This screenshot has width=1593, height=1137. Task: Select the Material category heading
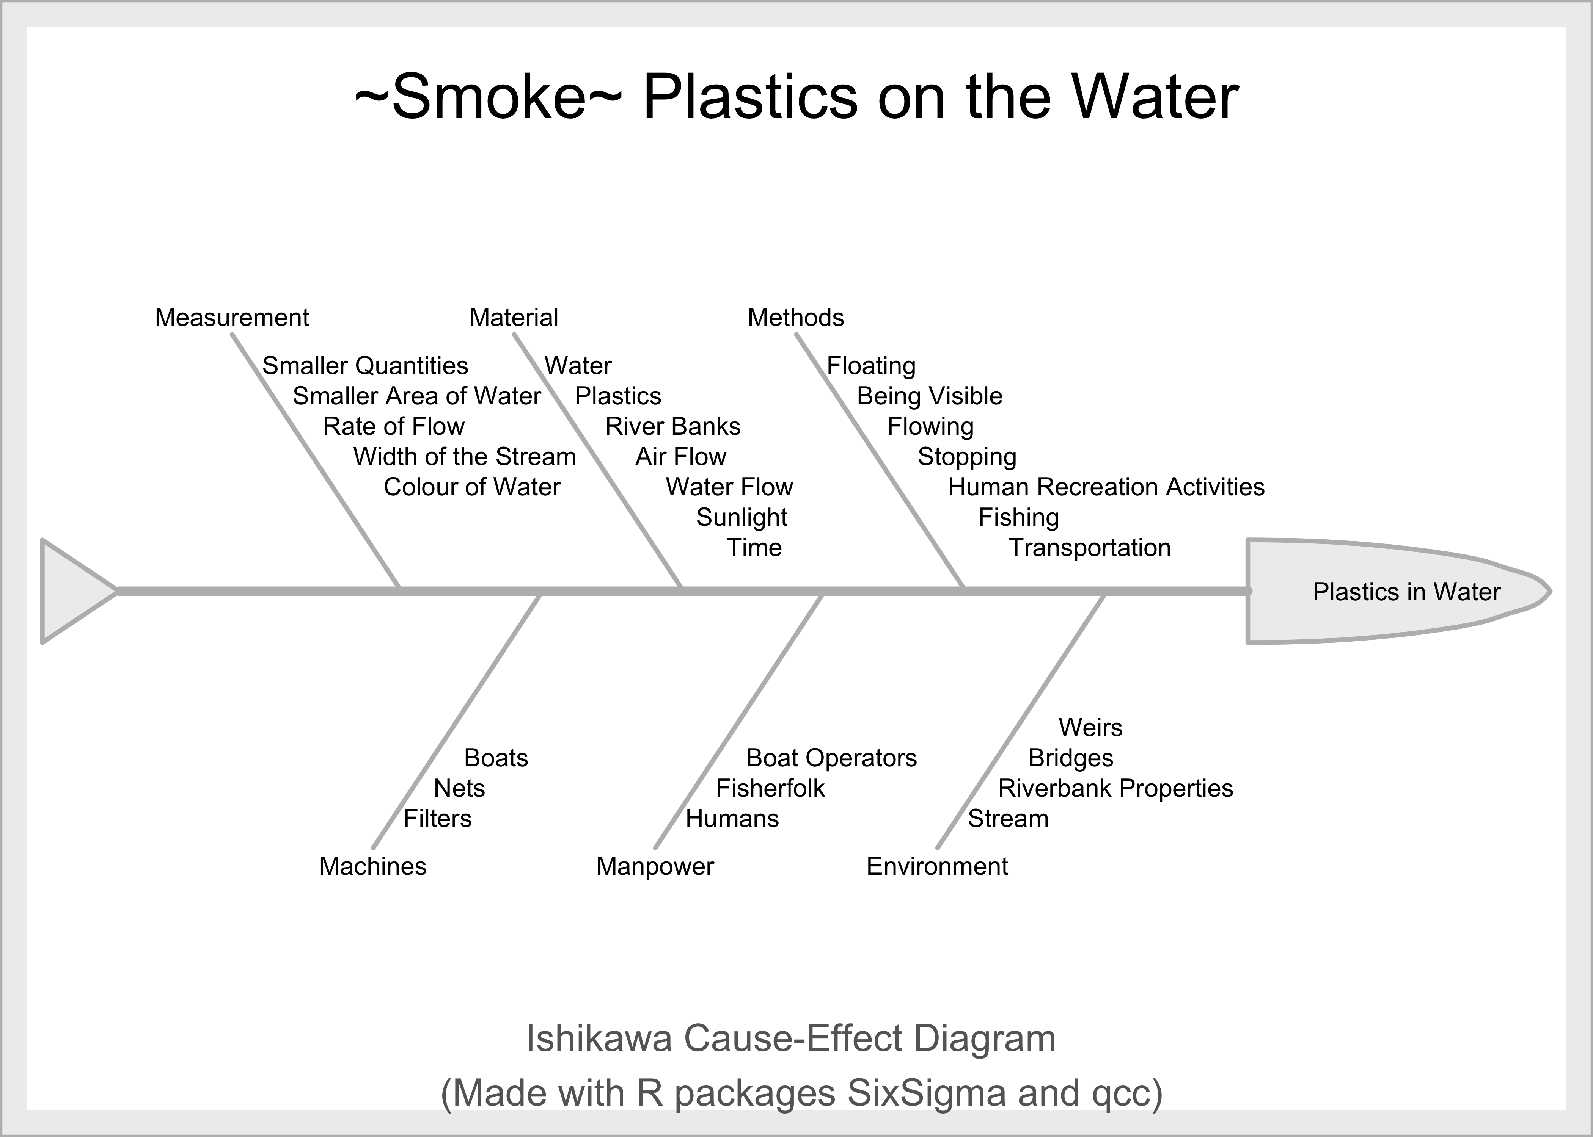(x=514, y=318)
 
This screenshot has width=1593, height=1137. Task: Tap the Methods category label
(x=796, y=318)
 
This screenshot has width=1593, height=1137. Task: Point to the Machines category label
(x=373, y=867)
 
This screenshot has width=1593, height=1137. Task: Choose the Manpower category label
(x=655, y=867)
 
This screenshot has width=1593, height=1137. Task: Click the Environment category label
(x=937, y=867)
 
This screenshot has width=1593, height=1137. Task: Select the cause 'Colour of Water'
(x=472, y=487)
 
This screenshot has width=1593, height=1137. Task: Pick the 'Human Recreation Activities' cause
(x=1106, y=487)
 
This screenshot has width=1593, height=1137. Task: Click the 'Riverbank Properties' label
(x=1115, y=789)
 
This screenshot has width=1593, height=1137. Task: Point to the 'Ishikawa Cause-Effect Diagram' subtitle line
(x=791, y=1038)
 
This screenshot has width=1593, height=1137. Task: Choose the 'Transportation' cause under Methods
(x=1089, y=548)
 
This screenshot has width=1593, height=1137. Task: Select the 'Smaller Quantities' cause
(x=365, y=366)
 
